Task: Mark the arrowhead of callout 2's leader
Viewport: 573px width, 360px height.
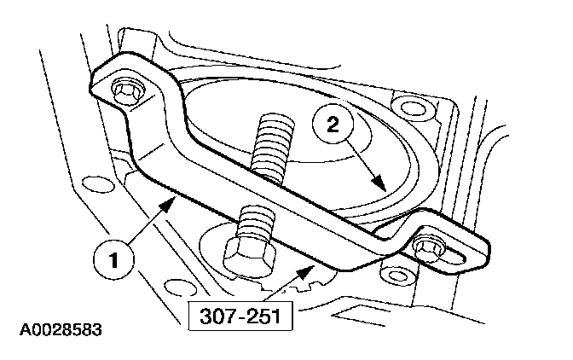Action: [x=384, y=189]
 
